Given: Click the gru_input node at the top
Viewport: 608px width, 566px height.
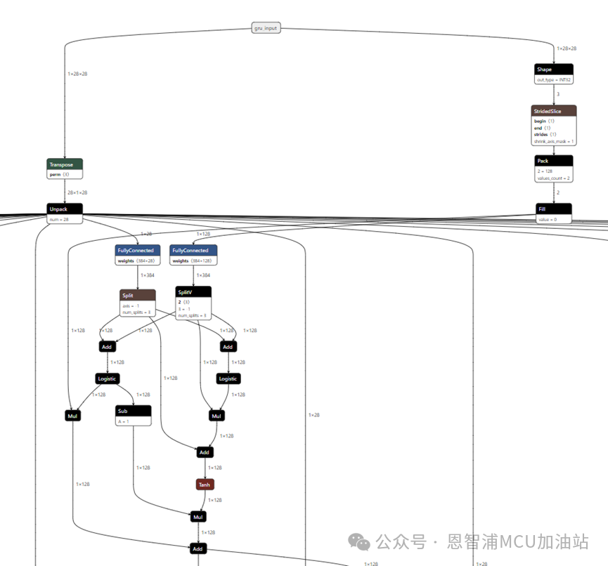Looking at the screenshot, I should click(266, 28).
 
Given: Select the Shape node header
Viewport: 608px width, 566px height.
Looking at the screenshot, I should click(553, 70).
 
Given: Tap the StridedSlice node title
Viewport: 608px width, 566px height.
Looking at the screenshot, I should click(553, 111).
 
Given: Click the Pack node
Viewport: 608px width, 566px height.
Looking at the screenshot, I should click(553, 161).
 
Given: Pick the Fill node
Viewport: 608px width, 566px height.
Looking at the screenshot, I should click(553, 209).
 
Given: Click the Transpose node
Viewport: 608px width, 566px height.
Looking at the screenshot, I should click(65, 164).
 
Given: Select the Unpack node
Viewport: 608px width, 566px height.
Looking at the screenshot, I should click(65, 209).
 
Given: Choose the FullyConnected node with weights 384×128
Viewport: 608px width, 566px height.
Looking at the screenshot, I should click(193, 250).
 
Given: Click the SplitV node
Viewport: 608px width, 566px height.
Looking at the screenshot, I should click(193, 292).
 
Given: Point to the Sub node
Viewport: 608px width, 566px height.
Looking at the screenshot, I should click(134, 411).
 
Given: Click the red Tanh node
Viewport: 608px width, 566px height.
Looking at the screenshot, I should click(204, 485).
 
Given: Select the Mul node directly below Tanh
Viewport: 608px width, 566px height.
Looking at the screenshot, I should click(198, 517).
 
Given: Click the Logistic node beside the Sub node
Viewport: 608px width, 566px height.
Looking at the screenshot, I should click(107, 379).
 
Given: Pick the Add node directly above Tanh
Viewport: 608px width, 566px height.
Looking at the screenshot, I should click(204, 452).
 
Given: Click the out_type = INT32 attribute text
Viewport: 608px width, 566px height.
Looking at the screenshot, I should click(554, 80).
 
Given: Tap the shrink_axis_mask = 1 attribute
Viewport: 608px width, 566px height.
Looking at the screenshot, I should click(554, 140).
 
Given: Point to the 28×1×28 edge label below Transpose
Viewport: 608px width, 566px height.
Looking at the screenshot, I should click(77, 192).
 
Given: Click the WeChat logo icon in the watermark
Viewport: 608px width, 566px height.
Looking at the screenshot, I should click(361, 541).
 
